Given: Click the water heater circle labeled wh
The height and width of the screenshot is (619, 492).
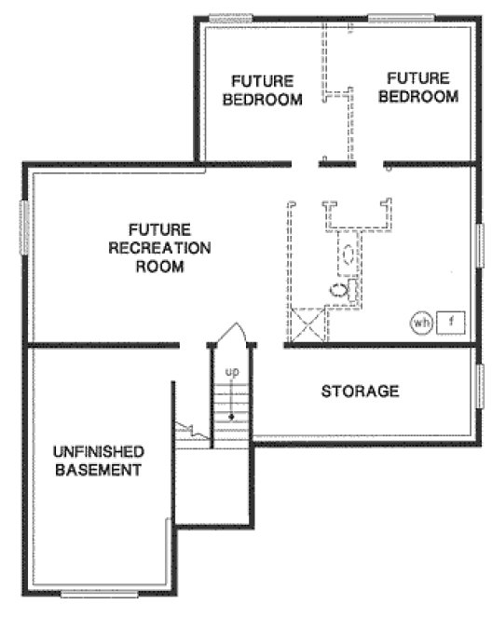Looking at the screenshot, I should (420, 323).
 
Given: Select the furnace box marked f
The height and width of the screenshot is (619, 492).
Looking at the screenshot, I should (450, 323).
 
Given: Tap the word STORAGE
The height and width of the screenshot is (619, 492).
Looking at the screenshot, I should (360, 391).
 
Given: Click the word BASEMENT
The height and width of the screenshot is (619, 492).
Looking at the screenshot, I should (98, 470).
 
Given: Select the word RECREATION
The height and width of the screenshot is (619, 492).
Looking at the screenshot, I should (159, 248).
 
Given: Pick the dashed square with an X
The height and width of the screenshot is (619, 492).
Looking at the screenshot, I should (309, 326).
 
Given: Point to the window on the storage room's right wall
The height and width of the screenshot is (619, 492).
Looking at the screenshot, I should (481, 389).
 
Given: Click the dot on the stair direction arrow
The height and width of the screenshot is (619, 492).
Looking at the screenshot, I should (230, 416).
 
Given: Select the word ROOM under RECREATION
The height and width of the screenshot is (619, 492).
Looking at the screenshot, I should (159, 267).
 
